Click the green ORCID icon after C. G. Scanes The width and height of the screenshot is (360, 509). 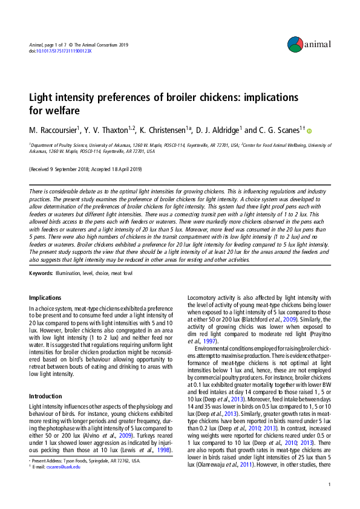310,131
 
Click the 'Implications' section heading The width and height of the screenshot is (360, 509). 45,297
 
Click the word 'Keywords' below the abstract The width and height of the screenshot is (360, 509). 40,274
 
